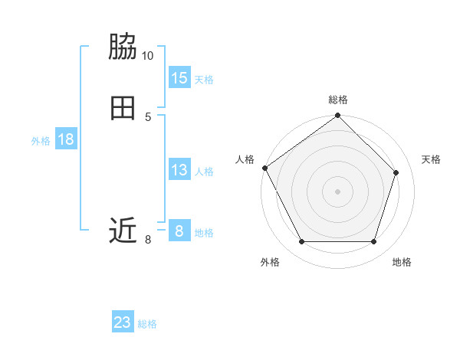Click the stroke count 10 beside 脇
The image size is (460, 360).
coord(148,56)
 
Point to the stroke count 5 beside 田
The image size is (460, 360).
coord(148,116)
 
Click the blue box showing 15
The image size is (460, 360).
coord(179,78)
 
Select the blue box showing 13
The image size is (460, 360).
coord(179,170)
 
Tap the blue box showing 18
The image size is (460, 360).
coord(66,139)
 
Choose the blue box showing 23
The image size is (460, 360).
coord(123,322)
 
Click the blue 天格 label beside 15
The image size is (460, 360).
coord(204,79)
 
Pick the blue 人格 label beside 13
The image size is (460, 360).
coord(204,171)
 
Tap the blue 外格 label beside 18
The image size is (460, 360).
coord(41,140)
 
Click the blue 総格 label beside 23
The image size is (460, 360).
coord(147,324)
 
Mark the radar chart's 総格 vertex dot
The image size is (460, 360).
coord(337,116)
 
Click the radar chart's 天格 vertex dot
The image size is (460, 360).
coord(396,172)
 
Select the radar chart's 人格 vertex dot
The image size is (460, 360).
coord(265,168)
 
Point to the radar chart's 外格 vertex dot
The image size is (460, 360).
coord(301,242)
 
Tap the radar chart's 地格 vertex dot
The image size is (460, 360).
coord(373,242)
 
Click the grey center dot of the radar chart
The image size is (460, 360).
coord(337,191)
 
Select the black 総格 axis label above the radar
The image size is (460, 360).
coord(337,100)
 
